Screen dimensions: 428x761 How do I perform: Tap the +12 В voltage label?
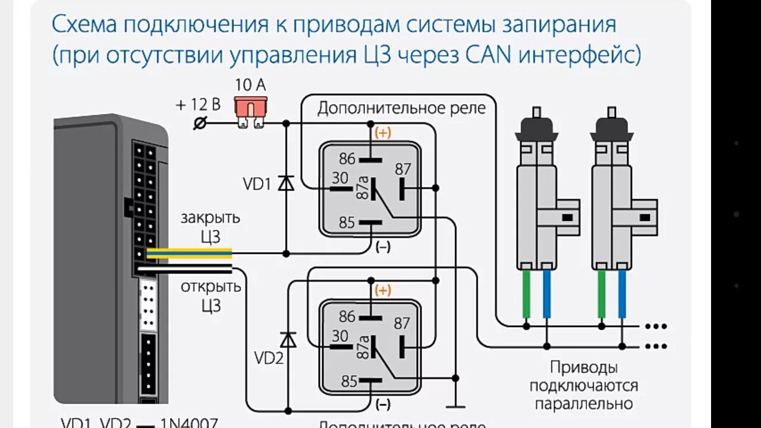pos(198,105)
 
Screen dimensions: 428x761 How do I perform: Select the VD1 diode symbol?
pos(287,183)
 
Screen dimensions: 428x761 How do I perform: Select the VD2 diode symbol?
pos(288,339)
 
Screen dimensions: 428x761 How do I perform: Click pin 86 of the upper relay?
pos(347,159)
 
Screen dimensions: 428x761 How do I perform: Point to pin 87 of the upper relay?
pos(402,169)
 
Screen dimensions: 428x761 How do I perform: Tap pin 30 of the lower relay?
pos(340,336)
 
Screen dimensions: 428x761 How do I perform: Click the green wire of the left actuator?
pos(527,294)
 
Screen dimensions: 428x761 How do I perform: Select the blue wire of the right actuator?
pos(622,294)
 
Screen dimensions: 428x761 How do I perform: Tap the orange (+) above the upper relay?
pos(383,133)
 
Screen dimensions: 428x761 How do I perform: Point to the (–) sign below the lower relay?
pos(383,405)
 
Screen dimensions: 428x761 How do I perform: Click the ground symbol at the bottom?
pos(456,406)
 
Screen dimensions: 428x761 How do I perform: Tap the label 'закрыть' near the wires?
pos(210,218)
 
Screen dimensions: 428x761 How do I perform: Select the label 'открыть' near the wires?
pos(211,287)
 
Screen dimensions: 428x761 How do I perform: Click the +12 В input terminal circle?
pos(200,123)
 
